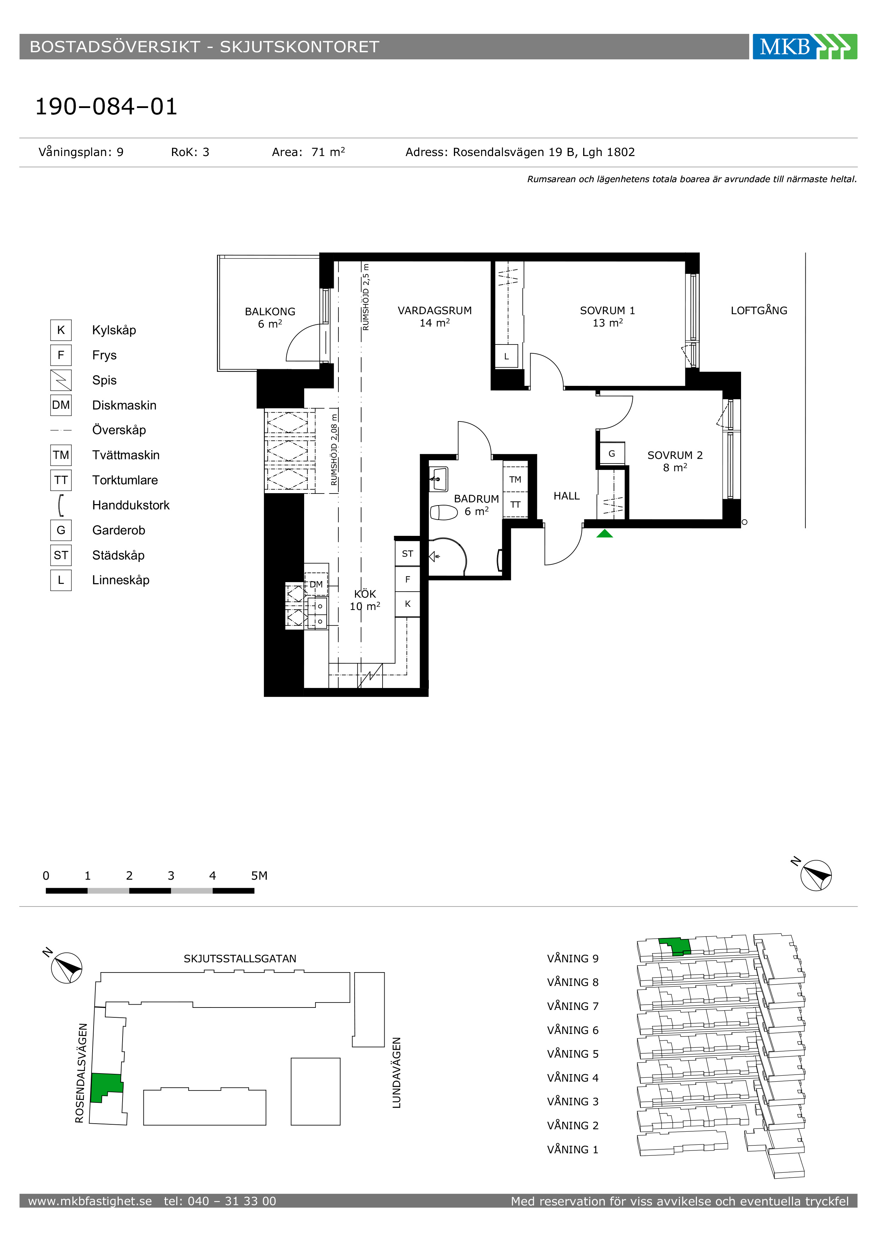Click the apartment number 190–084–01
click(x=106, y=106)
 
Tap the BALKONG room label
click(x=270, y=312)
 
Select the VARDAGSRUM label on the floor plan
click(x=435, y=311)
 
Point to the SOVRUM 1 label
click(x=608, y=311)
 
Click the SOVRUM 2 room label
click(x=675, y=455)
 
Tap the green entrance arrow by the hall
click(x=605, y=533)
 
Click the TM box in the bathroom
click(x=515, y=479)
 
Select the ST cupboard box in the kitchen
click(x=407, y=554)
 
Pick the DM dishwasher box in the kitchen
click(x=316, y=584)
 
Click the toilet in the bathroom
click(x=443, y=512)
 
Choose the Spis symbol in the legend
click(x=61, y=380)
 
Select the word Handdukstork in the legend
click(x=131, y=505)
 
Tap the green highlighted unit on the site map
click(x=106, y=1086)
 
